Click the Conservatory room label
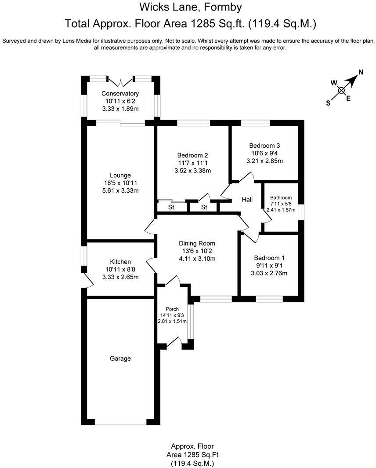point(120,93)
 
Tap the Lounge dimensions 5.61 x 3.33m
point(120,190)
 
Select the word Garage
point(120,358)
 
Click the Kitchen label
point(120,262)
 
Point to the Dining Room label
point(197,243)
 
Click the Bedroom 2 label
point(192,155)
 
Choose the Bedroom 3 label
point(264,146)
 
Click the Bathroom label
point(281,197)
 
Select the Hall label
point(247,200)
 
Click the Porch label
point(172,309)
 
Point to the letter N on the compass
point(361,72)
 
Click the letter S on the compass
point(328,103)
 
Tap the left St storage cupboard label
point(171,207)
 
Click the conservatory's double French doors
point(120,82)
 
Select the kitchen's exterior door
point(87,280)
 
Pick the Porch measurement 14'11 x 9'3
point(172,315)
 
